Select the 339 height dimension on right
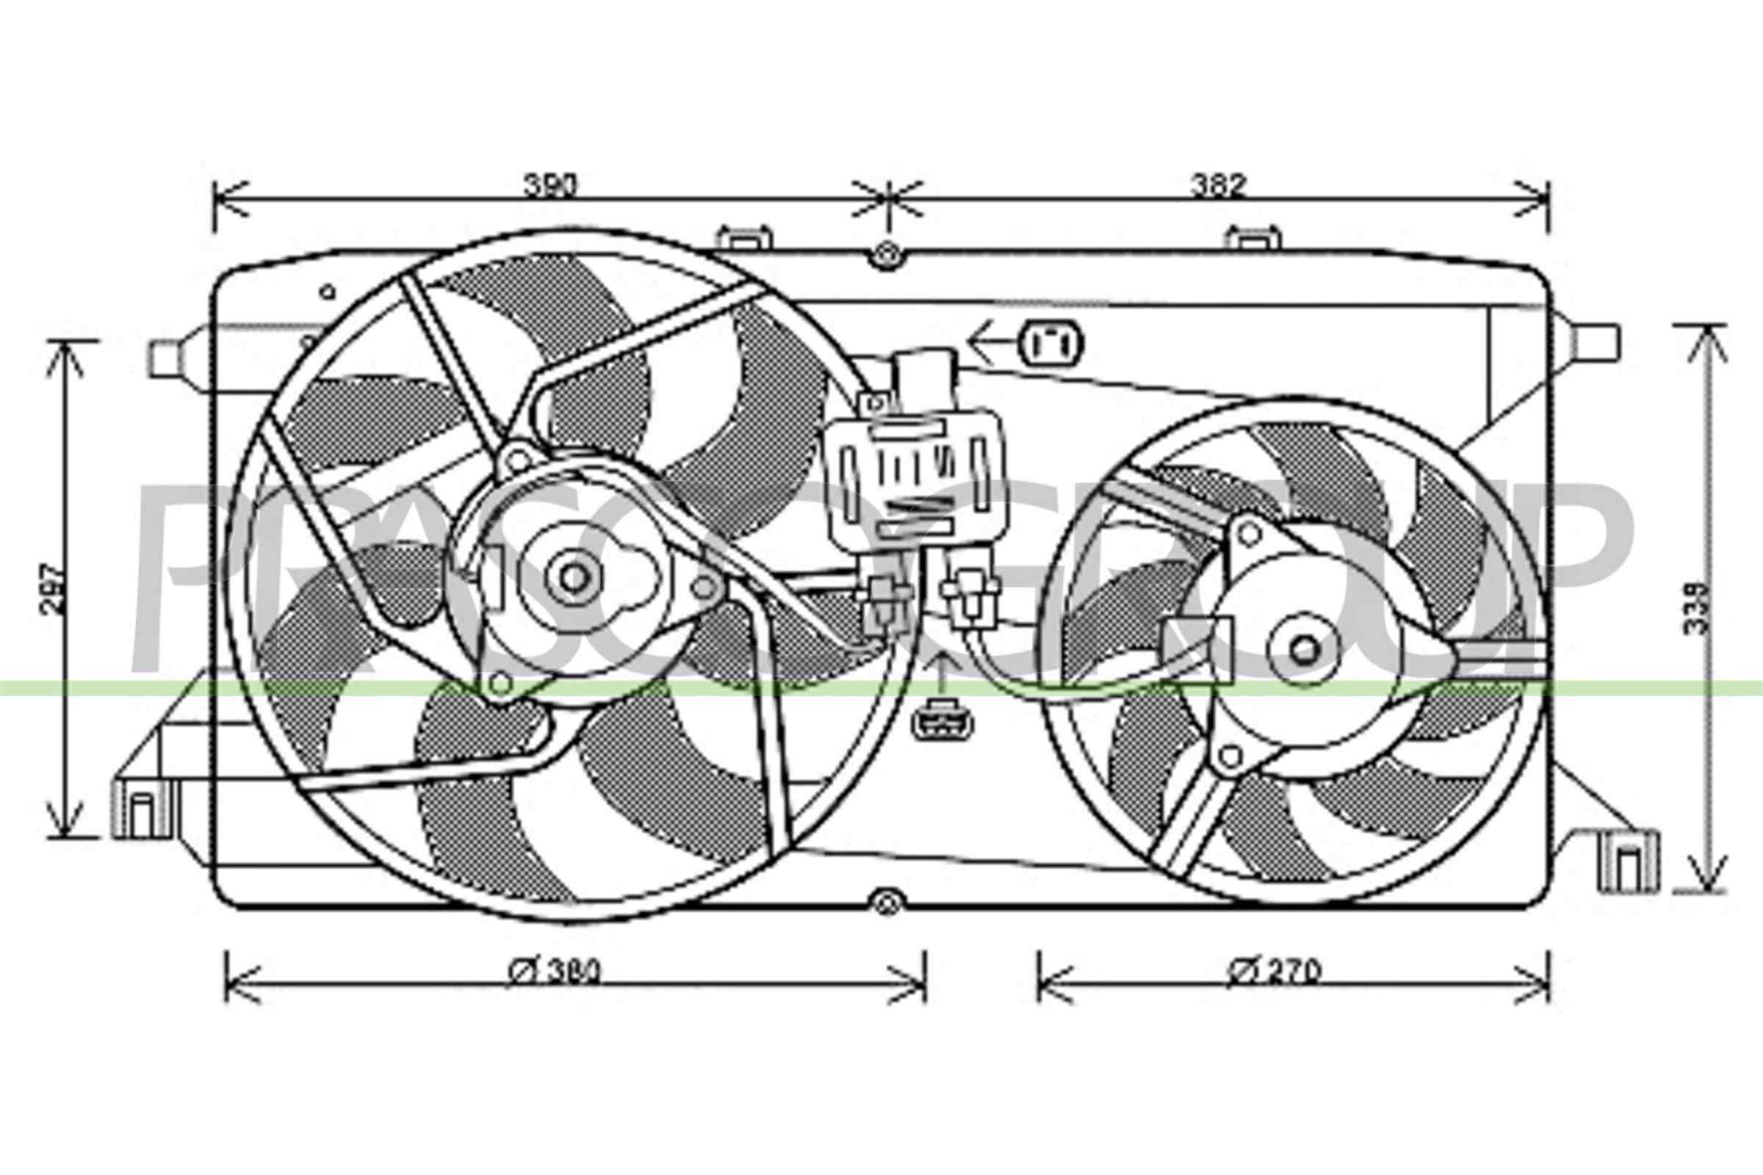click(1697, 609)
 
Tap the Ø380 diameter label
click(555, 972)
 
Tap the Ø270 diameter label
click(1275, 972)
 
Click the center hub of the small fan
click(1305, 650)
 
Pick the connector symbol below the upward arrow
click(942, 723)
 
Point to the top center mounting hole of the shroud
click(886, 255)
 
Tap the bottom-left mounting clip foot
click(143, 811)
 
